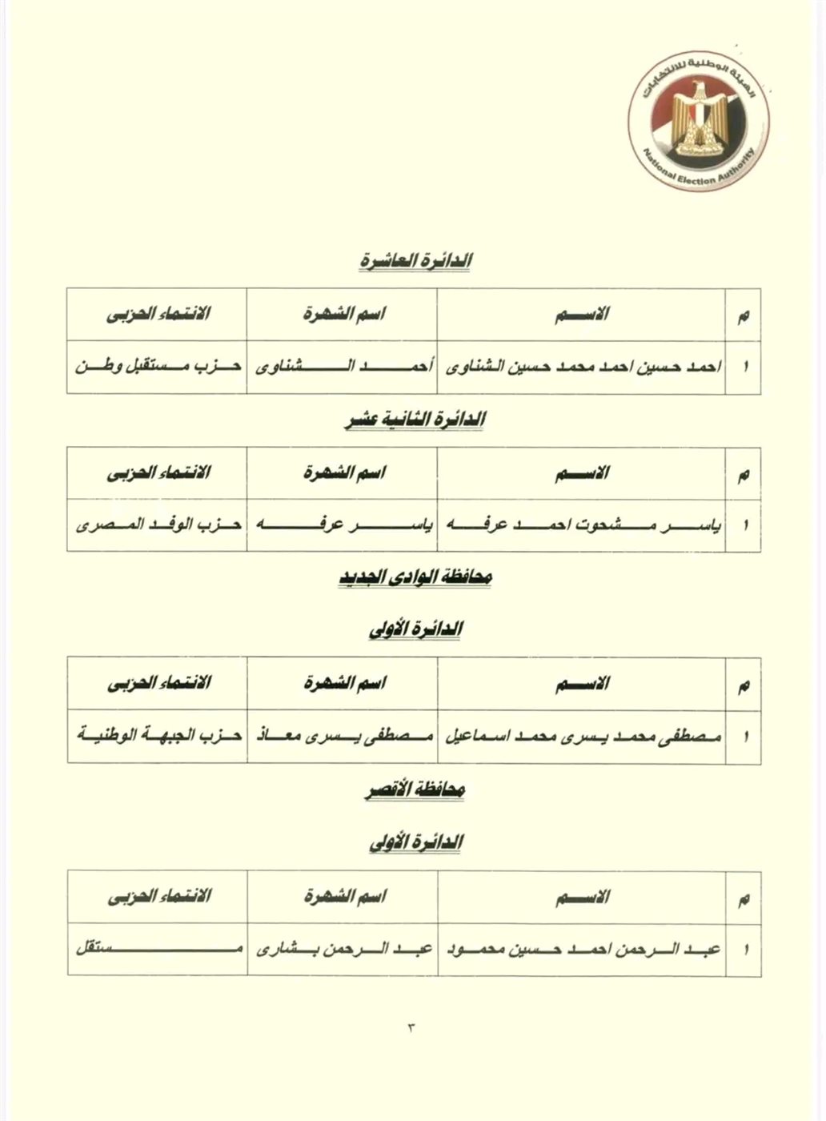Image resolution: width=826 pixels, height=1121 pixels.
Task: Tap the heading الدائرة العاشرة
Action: point(413,261)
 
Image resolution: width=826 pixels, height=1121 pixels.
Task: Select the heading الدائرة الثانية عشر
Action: point(413,420)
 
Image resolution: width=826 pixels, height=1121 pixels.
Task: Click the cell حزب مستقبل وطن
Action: point(158,368)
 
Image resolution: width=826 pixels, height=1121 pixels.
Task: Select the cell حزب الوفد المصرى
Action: point(158,526)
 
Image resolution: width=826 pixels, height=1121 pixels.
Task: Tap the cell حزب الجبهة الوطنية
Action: point(158,736)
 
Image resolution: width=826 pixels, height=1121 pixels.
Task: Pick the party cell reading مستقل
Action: point(158,950)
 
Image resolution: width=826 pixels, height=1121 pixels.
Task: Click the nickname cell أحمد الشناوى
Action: point(343,368)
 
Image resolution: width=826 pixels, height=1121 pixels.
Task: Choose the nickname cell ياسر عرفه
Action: point(343,526)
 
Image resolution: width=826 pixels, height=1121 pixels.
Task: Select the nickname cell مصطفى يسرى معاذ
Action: point(343,736)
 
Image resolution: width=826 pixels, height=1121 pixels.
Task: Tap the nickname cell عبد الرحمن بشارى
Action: point(343,950)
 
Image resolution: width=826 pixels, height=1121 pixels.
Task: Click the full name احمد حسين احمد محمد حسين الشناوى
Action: point(583,368)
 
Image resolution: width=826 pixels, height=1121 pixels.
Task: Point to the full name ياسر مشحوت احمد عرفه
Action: point(583,526)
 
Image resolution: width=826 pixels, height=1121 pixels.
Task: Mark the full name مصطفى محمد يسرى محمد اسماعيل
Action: point(583,736)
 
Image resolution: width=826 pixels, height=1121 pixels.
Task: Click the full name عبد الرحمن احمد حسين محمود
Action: point(583,950)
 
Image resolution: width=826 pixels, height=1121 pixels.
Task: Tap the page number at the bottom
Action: point(412,1027)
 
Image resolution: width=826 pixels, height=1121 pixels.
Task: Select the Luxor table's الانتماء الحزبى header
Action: point(158,896)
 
